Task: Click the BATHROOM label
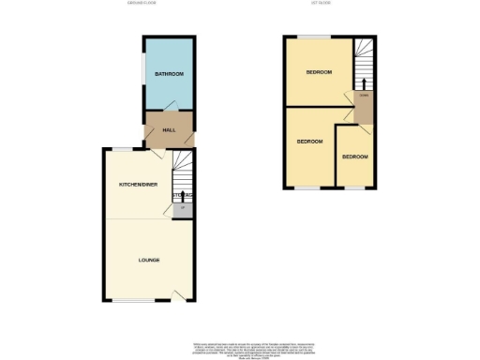pyautogui.click(x=169, y=74)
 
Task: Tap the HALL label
pyautogui.click(x=169, y=130)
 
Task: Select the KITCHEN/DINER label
pyautogui.click(x=137, y=186)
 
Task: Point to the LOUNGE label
pyautogui.click(x=148, y=260)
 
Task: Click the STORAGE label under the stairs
pyautogui.click(x=182, y=195)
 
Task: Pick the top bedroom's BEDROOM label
pyautogui.click(x=320, y=71)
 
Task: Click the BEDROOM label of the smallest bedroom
pyautogui.click(x=354, y=157)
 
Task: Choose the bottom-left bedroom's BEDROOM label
pyautogui.click(x=310, y=142)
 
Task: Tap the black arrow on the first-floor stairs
pyautogui.click(x=364, y=81)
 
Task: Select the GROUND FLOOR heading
pyautogui.click(x=145, y=5)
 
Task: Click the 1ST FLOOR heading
pyautogui.click(x=322, y=5)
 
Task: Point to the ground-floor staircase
pyautogui.click(x=181, y=173)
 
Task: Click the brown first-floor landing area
pyautogui.click(x=363, y=108)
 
